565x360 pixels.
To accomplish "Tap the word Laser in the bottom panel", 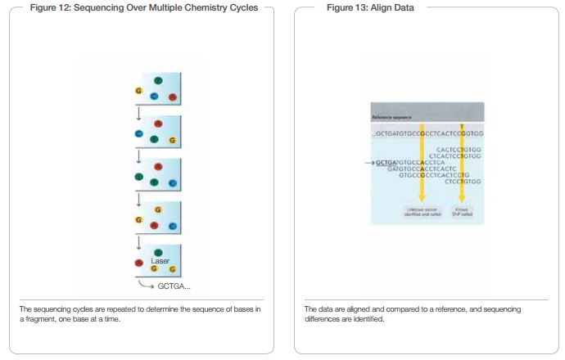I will click(160, 260).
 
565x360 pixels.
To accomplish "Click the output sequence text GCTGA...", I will click(174, 286).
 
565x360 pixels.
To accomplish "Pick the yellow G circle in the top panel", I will click(140, 91).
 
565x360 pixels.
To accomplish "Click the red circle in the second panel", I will click(158, 124).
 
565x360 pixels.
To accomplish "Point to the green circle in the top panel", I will click(158, 80).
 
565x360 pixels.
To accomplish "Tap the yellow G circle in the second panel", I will click(171, 140).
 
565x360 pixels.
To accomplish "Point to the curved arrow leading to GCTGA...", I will click(146, 285).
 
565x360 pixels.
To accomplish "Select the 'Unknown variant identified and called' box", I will click(423, 212).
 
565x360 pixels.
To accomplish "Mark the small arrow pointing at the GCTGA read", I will click(368, 163).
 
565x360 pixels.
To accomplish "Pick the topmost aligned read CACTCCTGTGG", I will click(459, 150).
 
